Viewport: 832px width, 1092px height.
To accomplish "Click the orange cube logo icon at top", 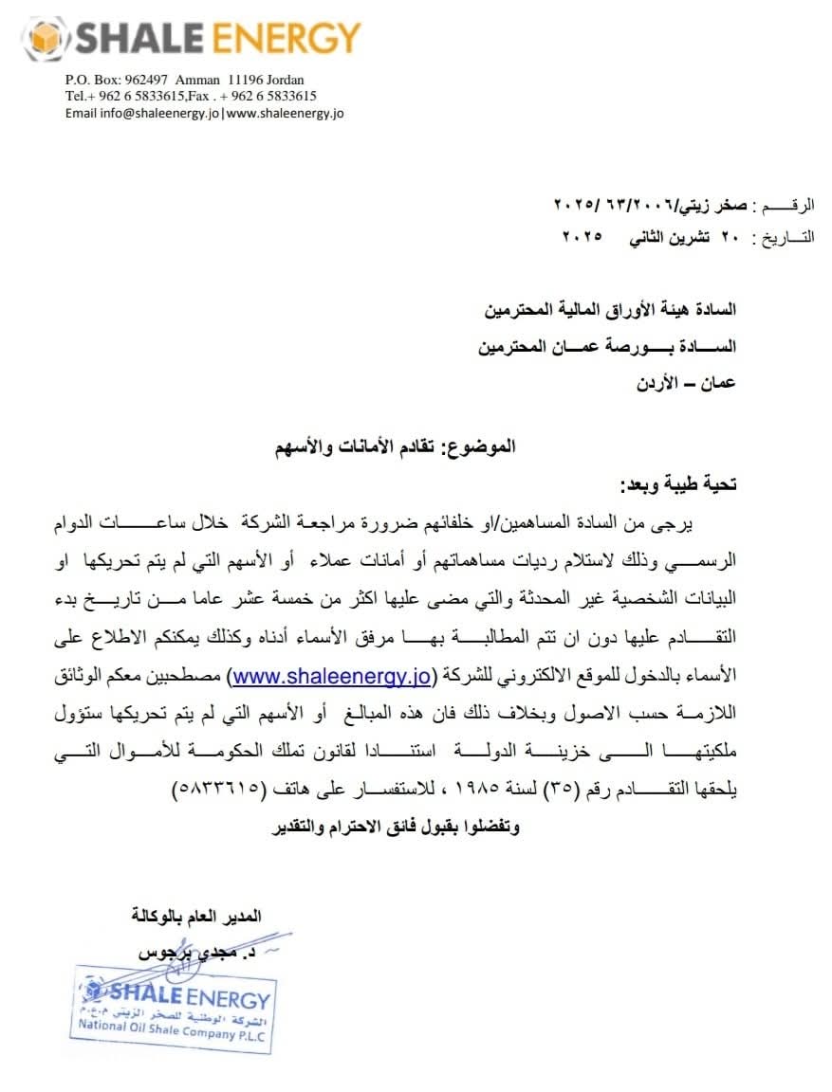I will (x=45, y=39).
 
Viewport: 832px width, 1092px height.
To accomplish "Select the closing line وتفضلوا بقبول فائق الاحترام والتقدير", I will (x=396, y=827).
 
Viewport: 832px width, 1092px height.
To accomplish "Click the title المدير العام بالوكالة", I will (x=195, y=916).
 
